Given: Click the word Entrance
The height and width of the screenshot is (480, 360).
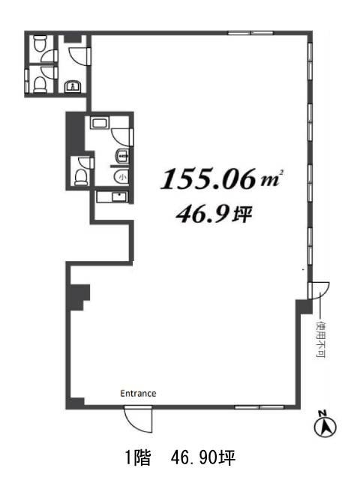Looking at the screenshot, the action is (x=138, y=393).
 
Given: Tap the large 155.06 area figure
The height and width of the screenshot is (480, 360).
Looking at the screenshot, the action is (x=208, y=179).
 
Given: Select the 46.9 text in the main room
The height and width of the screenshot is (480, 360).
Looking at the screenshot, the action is (x=202, y=214).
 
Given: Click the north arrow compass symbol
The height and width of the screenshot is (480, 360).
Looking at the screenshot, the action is (x=325, y=424).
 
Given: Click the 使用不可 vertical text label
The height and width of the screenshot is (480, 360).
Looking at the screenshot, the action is (x=320, y=339).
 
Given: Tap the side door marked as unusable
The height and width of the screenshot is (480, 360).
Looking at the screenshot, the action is (x=319, y=290).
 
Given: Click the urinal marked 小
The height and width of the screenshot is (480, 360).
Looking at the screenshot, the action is (x=121, y=177).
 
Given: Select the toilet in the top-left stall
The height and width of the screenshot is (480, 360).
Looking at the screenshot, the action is (x=40, y=43).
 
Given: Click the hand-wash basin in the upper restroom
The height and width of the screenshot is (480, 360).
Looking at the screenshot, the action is (x=73, y=86).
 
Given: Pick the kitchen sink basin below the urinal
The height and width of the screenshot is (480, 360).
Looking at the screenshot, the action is (x=119, y=196).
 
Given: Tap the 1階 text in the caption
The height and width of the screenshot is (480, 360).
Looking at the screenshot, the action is (x=138, y=458).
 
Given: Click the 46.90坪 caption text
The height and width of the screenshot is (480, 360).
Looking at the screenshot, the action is (x=203, y=458).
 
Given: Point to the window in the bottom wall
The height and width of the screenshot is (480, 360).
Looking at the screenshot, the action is (x=259, y=407).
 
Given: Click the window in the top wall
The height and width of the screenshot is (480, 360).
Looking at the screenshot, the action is (x=250, y=33).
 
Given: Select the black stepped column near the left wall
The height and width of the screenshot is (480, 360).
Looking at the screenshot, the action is (x=79, y=297).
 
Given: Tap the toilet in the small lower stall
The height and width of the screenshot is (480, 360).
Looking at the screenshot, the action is (x=81, y=177).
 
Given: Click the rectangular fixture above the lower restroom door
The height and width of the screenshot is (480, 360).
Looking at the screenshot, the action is (x=99, y=123).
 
